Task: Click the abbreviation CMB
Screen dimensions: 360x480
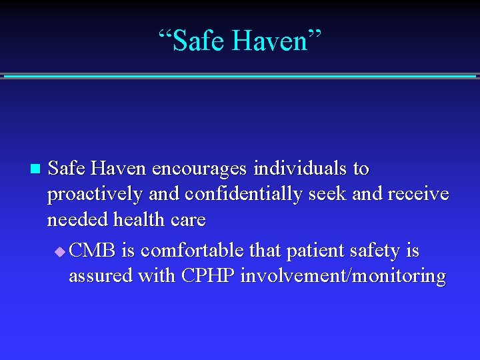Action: click(x=93, y=251)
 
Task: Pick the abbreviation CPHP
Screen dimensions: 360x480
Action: click(x=208, y=276)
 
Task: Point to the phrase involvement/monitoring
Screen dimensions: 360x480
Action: click(x=343, y=277)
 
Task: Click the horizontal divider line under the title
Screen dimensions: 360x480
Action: click(x=240, y=76)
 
